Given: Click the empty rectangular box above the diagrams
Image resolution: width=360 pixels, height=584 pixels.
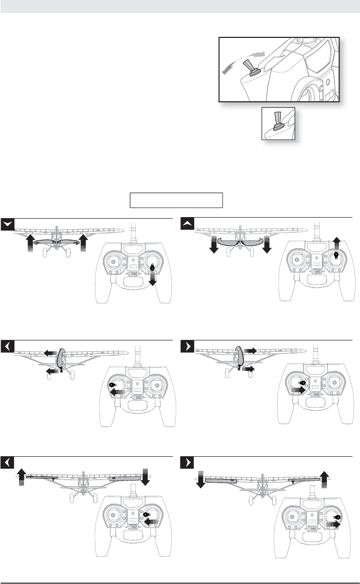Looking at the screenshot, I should click(x=176, y=200).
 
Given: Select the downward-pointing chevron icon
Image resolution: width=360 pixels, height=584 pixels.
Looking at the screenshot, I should click(x=7, y=225).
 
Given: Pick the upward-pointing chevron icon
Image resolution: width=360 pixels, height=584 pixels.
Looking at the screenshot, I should click(x=187, y=225).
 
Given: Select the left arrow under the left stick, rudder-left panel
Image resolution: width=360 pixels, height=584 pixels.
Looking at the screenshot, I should click(x=118, y=393).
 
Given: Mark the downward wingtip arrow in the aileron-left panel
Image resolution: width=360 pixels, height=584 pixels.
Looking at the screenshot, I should click(x=145, y=476).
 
